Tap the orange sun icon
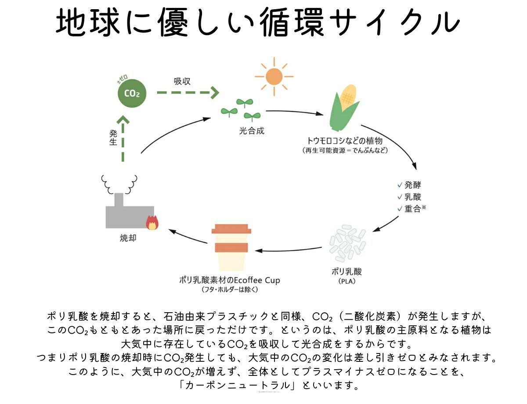(274, 77)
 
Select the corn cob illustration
(344, 107)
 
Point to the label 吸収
(182, 82)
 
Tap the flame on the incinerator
(152, 222)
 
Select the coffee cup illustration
(231, 249)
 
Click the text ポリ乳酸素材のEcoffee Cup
(230, 280)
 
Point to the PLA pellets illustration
(347, 243)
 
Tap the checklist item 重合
(413, 209)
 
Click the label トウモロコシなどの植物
(345, 141)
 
